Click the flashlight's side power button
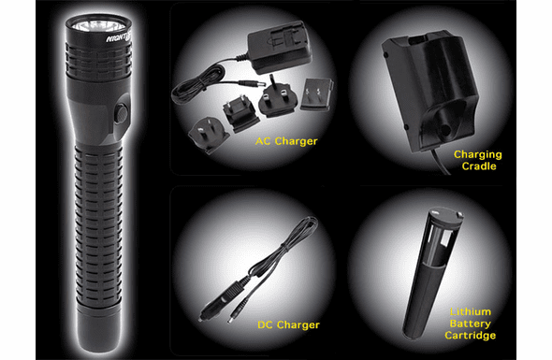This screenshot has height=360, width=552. [x=121, y=113]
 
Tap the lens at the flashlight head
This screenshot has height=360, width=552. [x=98, y=25]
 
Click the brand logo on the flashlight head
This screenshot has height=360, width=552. [x=119, y=37]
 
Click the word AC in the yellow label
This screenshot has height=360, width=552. [x=263, y=141]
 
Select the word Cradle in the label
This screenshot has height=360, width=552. [x=479, y=166]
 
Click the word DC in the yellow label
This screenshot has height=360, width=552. [x=266, y=324]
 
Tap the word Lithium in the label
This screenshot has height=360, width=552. [x=471, y=311]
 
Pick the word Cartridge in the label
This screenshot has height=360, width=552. [x=471, y=336]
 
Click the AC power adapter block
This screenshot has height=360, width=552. [x=279, y=47]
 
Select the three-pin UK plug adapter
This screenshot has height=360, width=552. [x=275, y=96]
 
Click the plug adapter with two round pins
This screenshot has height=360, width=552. [x=241, y=112]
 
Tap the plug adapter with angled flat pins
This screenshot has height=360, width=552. [x=209, y=136]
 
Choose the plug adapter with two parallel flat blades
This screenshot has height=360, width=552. [x=317, y=94]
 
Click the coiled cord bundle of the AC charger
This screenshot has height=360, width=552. [x=197, y=86]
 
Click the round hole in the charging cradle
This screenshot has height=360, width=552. [x=445, y=130]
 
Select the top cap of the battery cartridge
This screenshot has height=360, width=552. [x=446, y=215]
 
